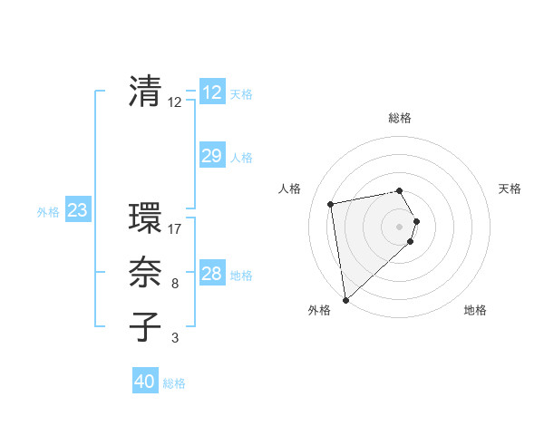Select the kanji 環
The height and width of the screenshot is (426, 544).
click(145, 218)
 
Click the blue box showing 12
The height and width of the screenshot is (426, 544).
click(211, 92)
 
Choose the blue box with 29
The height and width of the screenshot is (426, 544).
click(211, 156)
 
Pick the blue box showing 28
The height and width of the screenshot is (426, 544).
click(211, 274)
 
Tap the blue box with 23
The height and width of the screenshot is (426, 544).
click(77, 211)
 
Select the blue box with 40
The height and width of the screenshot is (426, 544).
click(145, 382)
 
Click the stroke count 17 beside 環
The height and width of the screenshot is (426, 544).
click(175, 229)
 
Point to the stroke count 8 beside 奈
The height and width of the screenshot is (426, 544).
click(175, 284)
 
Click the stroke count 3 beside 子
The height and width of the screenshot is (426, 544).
click(175, 338)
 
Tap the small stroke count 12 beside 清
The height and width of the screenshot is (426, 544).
click(175, 102)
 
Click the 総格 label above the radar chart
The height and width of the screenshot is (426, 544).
click(400, 119)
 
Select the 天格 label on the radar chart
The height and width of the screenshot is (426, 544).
click(510, 189)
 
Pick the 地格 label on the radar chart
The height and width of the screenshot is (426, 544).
click(475, 310)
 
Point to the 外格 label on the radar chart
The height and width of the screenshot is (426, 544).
click(319, 310)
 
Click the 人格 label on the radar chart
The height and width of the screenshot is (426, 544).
click(289, 189)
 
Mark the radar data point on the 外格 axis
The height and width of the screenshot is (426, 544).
click(345, 300)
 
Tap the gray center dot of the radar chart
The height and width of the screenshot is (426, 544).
click(400, 227)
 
